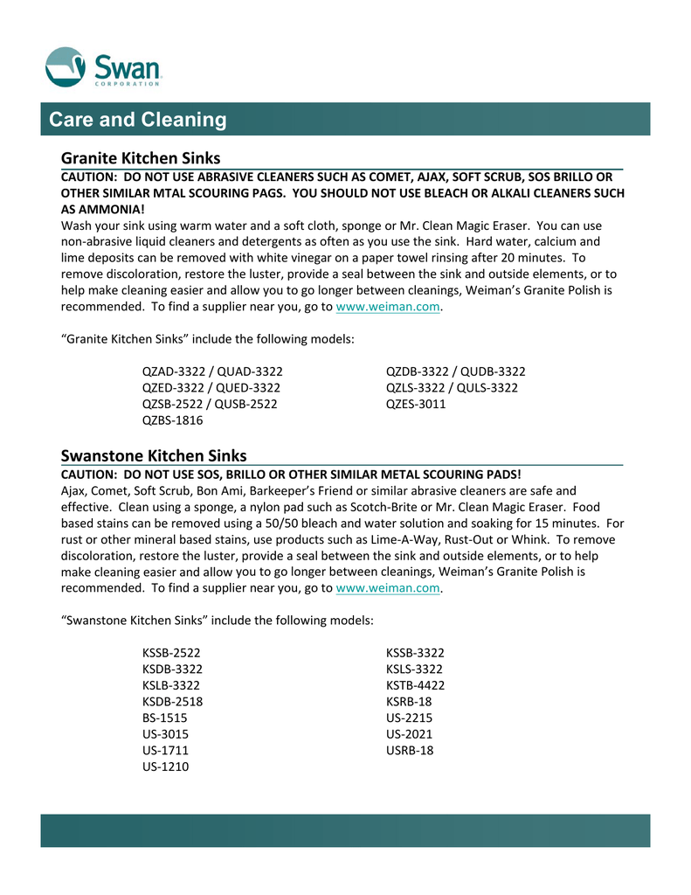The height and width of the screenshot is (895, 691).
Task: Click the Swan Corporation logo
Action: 105,67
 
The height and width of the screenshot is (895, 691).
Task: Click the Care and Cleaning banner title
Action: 138,120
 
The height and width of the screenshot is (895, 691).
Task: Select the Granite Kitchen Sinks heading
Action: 140,158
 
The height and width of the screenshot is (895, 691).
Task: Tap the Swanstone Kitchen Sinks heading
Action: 154,455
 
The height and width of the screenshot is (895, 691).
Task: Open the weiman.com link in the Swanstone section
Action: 388,588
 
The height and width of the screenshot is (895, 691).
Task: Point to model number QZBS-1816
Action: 172,420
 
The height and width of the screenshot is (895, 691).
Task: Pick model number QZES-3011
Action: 416,404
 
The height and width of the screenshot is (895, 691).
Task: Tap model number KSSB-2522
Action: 172,653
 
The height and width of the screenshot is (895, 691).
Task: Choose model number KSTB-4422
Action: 416,685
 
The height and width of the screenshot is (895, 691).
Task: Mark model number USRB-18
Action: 410,751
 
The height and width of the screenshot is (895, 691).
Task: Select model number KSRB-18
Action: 409,702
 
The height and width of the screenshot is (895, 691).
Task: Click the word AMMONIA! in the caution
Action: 102,210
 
